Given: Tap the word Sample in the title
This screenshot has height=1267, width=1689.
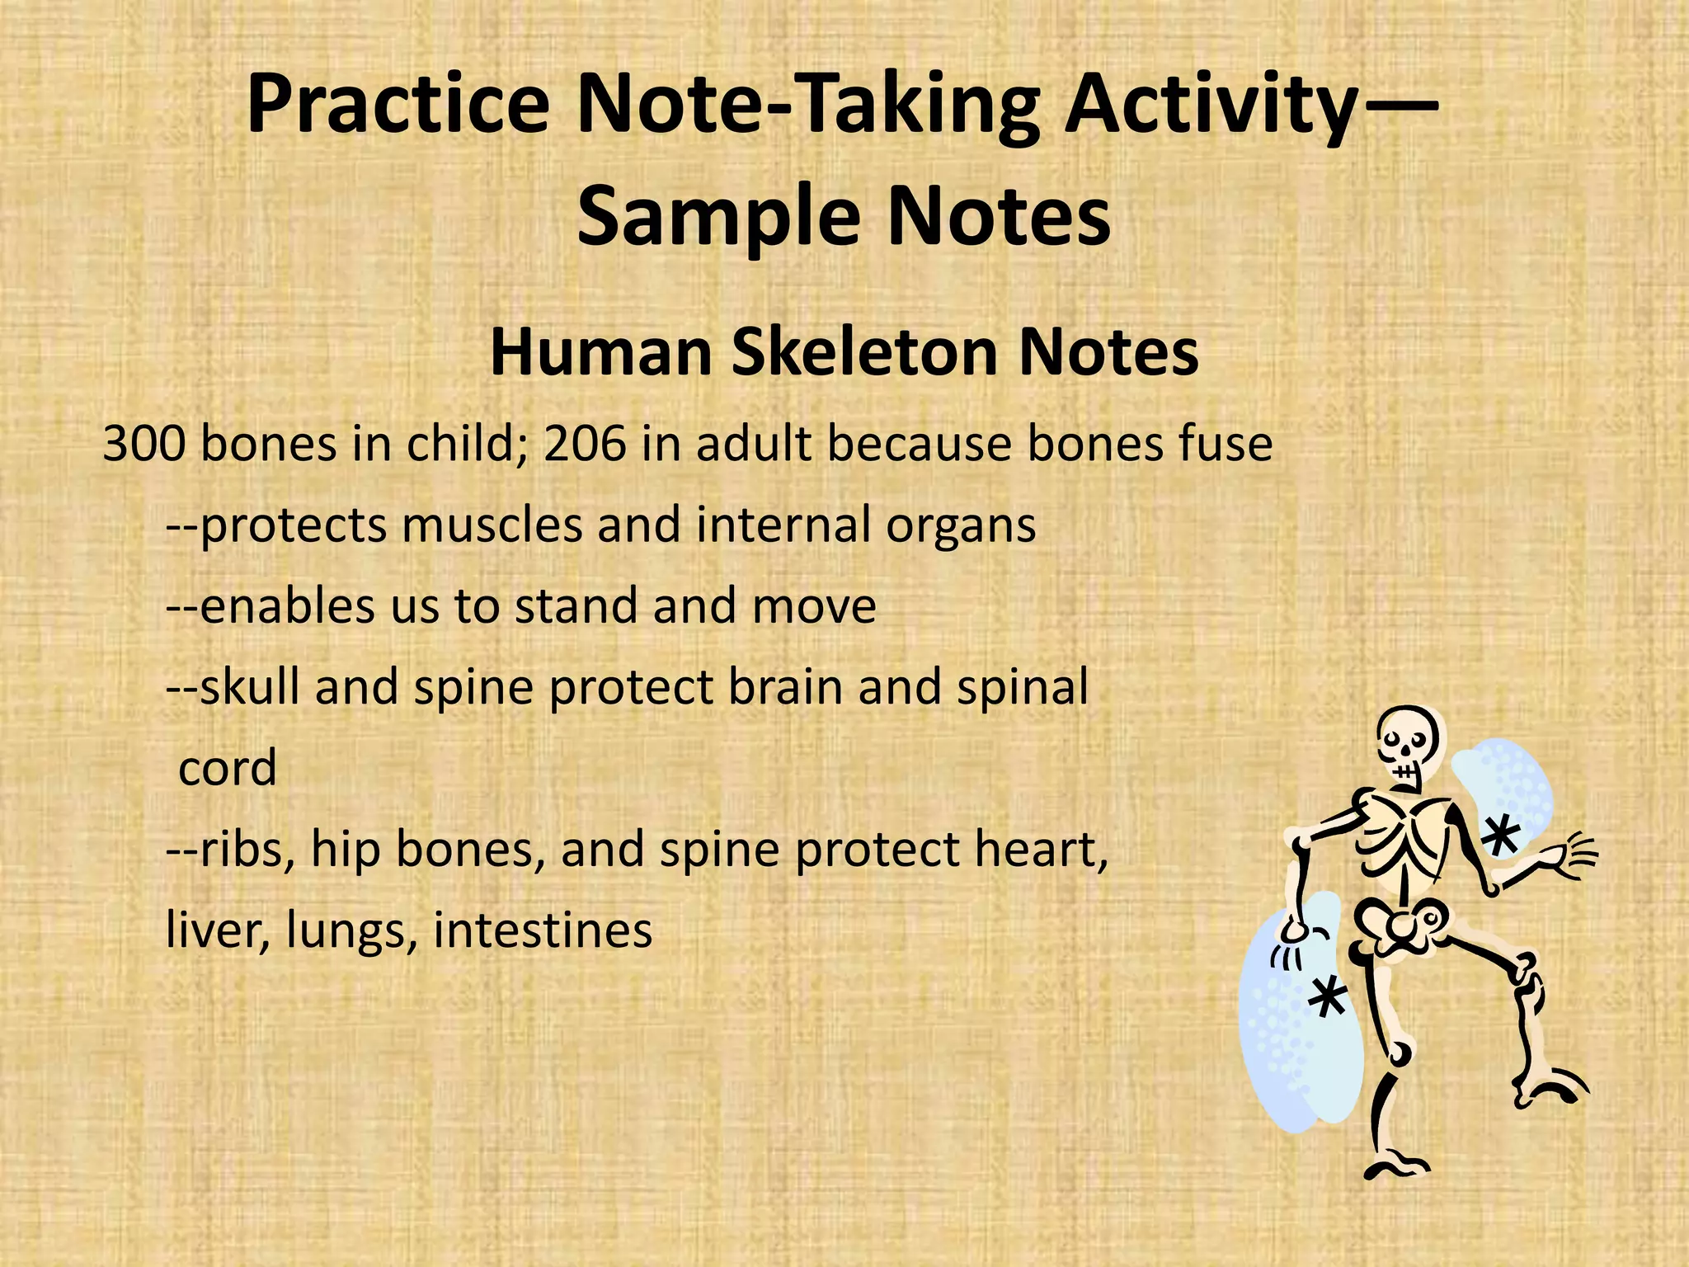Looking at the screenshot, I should [x=709, y=216].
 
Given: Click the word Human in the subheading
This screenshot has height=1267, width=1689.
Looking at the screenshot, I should [x=600, y=353].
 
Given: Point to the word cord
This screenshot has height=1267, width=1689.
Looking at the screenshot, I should [x=228, y=769].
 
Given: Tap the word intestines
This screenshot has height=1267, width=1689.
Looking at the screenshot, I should [x=543, y=930].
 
